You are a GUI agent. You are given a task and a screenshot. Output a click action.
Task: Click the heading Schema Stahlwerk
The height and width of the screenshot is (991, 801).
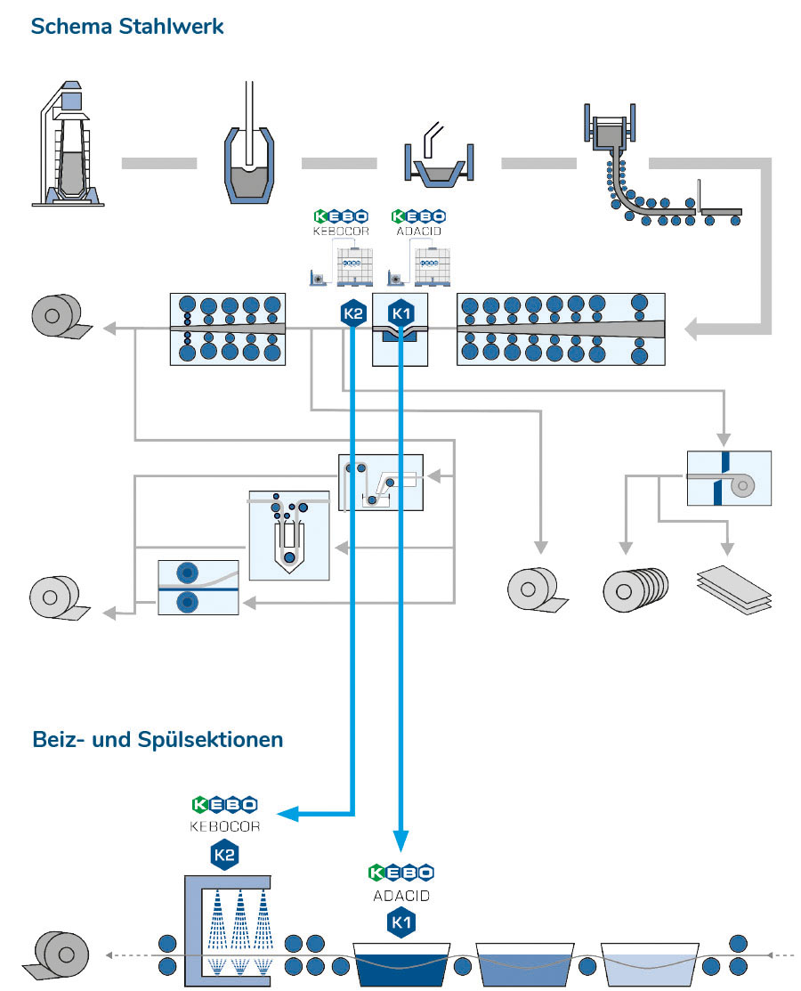pos(126,26)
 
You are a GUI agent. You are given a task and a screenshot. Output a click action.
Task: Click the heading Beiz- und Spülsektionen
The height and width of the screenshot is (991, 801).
pos(158,739)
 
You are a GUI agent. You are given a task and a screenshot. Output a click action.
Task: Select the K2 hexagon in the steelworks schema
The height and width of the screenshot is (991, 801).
pos(353,313)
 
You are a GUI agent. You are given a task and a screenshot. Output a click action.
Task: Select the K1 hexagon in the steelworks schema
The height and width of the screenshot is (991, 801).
pos(400,313)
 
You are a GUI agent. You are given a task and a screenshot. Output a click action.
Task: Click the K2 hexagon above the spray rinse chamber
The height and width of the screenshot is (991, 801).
pos(223,856)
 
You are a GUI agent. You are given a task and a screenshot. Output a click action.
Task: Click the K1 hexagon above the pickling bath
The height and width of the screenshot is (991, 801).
pos(400,924)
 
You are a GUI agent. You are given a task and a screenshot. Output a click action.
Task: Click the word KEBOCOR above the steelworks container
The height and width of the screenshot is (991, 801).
pos(339,232)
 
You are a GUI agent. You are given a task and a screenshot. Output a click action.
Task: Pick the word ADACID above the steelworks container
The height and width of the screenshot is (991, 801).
pos(418,232)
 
